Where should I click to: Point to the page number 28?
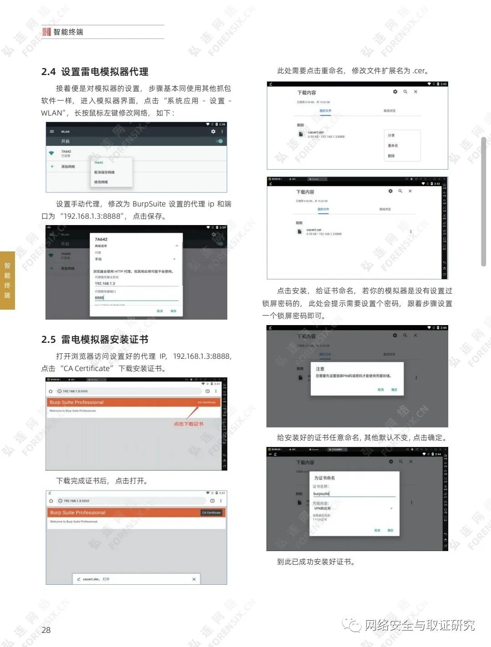[46, 630]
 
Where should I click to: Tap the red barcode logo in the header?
[46, 32]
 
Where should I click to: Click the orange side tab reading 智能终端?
[7, 280]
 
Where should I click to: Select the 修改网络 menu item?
[101, 182]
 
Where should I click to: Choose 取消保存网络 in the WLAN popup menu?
[104, 172]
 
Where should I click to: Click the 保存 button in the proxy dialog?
[173, 311]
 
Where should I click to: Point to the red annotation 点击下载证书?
[188, 424]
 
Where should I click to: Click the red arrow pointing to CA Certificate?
[192, 412]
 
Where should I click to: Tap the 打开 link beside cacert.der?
[106, 579]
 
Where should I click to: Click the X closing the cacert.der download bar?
[194, 579]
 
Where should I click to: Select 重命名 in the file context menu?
[393, 145]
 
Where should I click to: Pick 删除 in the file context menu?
[391, 155]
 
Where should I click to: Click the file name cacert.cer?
[314, 230]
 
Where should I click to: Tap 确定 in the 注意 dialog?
[394, 390]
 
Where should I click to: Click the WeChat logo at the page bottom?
[352, 625]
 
